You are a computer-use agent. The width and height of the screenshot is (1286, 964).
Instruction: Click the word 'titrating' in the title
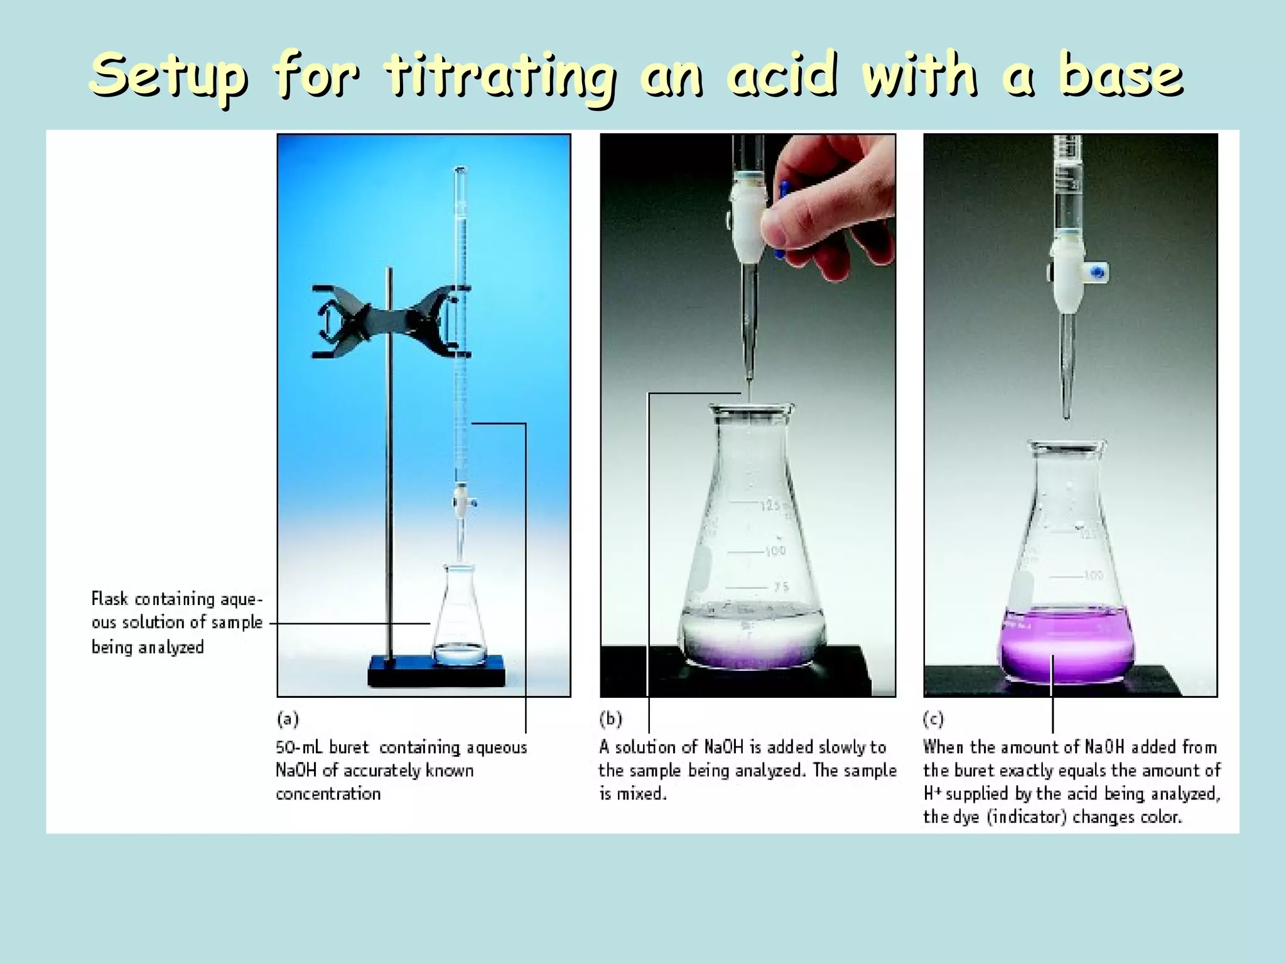point(499,77)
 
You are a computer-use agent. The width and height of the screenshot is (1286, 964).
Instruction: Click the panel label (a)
point(288,719)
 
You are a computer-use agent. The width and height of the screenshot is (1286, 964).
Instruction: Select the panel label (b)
point(610,719)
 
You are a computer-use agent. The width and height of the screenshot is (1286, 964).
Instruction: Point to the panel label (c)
point(934,719)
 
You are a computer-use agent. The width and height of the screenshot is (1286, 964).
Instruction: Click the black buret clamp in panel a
point(389,321)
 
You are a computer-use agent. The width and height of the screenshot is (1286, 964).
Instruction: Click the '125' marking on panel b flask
point(772,506)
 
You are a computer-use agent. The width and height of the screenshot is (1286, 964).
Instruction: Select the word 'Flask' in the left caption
point(109,599)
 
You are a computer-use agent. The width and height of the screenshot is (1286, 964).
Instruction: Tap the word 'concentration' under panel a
point(328,794)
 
